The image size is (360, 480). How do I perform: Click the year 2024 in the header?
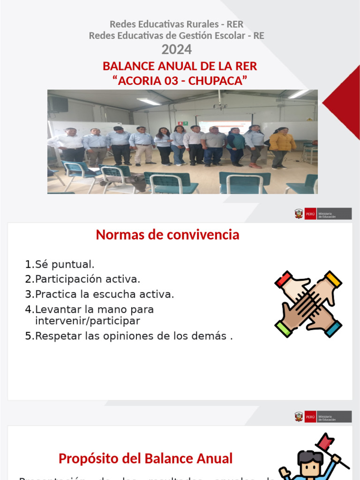(176, 49)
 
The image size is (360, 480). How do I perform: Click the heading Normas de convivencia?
(167, 235)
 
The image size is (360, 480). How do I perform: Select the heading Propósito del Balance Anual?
(145, 458)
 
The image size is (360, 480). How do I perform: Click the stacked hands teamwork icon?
(308, 304)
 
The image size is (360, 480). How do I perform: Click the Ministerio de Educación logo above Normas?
(322, 214)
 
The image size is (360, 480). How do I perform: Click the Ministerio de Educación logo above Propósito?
(322, 417)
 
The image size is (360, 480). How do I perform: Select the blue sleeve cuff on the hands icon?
(334, 328)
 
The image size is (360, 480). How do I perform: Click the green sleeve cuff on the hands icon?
(283, 328)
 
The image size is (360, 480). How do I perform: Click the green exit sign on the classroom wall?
(185, 123)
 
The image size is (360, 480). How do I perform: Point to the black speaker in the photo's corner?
(58, 104)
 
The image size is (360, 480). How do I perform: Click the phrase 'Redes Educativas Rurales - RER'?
(176, 24)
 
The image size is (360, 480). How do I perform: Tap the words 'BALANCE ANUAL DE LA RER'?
(180, 66)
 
